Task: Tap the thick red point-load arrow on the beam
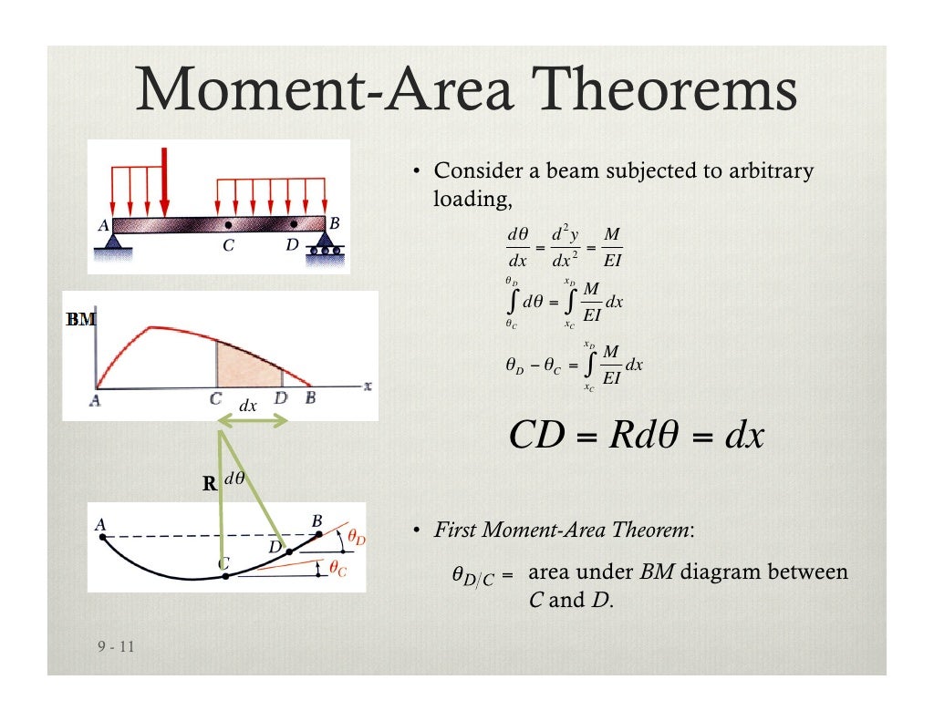(x=165, y=181)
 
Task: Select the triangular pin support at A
(x=113, y=241)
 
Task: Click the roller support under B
(x=324, y=243)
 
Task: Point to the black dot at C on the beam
(x=227, y=223)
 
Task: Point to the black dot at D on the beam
(x=294, y=223)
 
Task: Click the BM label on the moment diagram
(x=80, y=320)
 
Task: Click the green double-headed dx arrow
(x=254, y=419)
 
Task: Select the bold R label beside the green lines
(x=209, y=485)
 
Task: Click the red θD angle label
(x=355, y=540)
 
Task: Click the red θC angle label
(x=337, y=570)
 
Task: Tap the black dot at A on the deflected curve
(x=102, y=537)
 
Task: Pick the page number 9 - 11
(x=116, y=647)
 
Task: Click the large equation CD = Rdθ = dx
(x=636, y=436)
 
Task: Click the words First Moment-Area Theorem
(x=562, y=530)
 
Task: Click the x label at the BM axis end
(x=368, y=386)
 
